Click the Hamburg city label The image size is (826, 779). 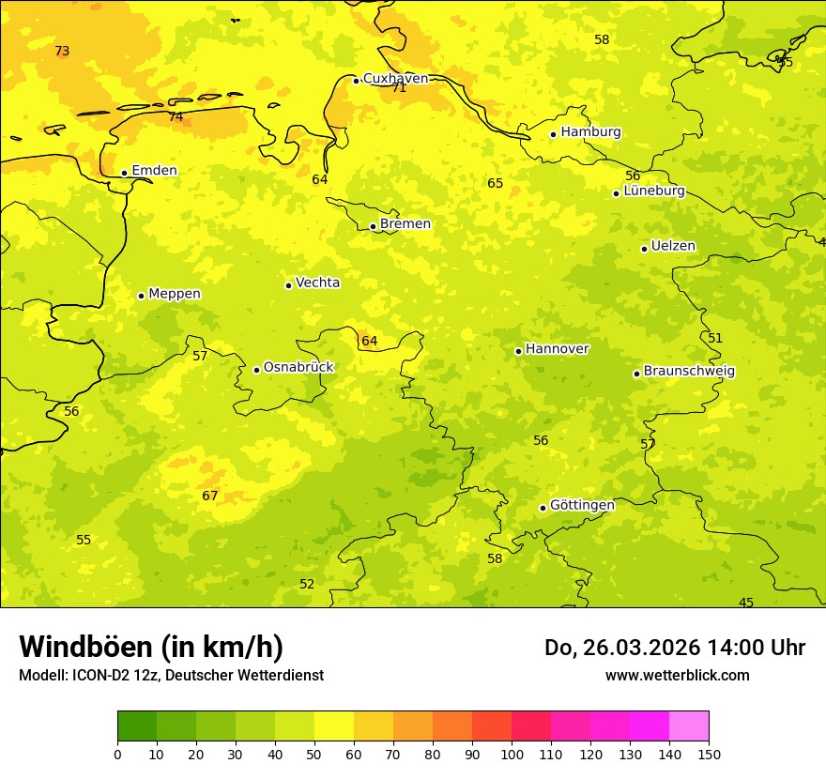pyautogui.click(x=590, y=132)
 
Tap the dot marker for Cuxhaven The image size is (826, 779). pyautogui.click(x=356, y=81)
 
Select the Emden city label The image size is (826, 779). pyautogui.click(x=154, y=171)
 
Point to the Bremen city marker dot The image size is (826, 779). pyautogui.click(x=373, y=226)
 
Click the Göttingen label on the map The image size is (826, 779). pyautogui.click(x=582, y=506)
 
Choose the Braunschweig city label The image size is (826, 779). pyautogui.click(x=689, y=372)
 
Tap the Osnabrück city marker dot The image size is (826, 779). pyautogui.click(x=256, y=370)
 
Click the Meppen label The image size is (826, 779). pyautogui.click(x=175, y=294)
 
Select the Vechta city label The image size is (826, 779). pyautogui.click(x=317, y=283)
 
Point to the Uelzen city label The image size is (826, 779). pyautogui.click(x=673, y=247)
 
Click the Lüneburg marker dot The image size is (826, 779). pyautogui.click(x=616, y=193)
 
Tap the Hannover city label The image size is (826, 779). pyautogui.click(x=557, y=349)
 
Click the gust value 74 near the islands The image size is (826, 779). pyautogui.click(x=176, y=117)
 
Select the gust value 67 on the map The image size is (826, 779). pyautogui.click(x=210, y=496)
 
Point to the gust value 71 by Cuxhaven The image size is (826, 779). pyautogui.click(x=399, y=88)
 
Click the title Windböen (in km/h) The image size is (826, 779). pyautogui.click(x=151, y=647)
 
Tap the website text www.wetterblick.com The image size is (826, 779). pyautogui.click(x=677, y=675)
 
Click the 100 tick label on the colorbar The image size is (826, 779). pyautogui.click(x=512, y=754)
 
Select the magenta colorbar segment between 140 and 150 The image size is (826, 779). pyautogui.click(x=689, y=726)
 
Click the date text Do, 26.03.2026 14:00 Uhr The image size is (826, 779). pyautogui.click(x=674, y=648)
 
